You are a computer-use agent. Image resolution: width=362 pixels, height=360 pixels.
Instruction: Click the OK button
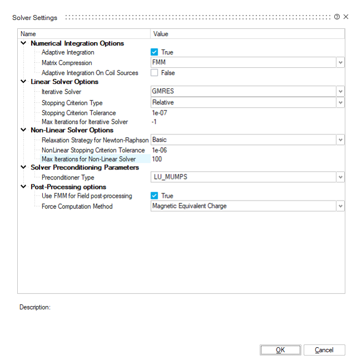[280, 350]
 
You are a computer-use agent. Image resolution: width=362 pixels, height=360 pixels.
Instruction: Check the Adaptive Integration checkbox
[154, 52]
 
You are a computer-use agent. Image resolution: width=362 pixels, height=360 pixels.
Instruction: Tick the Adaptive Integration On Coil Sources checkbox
[154, 73]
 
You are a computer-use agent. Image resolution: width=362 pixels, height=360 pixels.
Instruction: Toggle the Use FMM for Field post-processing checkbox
[154, 196]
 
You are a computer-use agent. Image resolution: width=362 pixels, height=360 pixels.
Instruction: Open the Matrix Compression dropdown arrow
[340, 63]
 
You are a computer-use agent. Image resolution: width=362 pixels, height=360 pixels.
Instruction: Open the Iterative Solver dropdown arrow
[340, 92]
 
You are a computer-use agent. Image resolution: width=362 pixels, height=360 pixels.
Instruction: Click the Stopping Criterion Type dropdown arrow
[340, 103]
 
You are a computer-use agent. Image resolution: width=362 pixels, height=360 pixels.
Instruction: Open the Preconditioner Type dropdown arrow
[340, 177]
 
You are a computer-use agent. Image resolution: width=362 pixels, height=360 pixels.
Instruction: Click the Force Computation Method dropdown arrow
[340, 206]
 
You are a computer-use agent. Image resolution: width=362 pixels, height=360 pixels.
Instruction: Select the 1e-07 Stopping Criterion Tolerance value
[160, 113]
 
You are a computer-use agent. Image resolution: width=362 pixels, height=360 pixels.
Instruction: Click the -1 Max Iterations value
[155, 122]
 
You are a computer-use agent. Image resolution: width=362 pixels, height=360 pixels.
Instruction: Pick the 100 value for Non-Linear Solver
[157, 159]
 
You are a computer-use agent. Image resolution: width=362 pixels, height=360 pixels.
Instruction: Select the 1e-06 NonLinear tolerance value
[160, 150]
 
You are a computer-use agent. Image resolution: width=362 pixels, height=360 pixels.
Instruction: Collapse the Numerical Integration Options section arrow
[23, 43]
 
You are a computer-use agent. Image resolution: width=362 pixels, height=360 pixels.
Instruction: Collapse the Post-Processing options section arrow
[23, 187]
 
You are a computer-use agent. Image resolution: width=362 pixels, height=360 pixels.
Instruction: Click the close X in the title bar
[346, 17]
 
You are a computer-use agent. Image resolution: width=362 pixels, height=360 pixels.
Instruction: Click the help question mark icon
[336, 17]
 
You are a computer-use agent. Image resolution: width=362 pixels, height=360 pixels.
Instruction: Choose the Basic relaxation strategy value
[160, 140]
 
